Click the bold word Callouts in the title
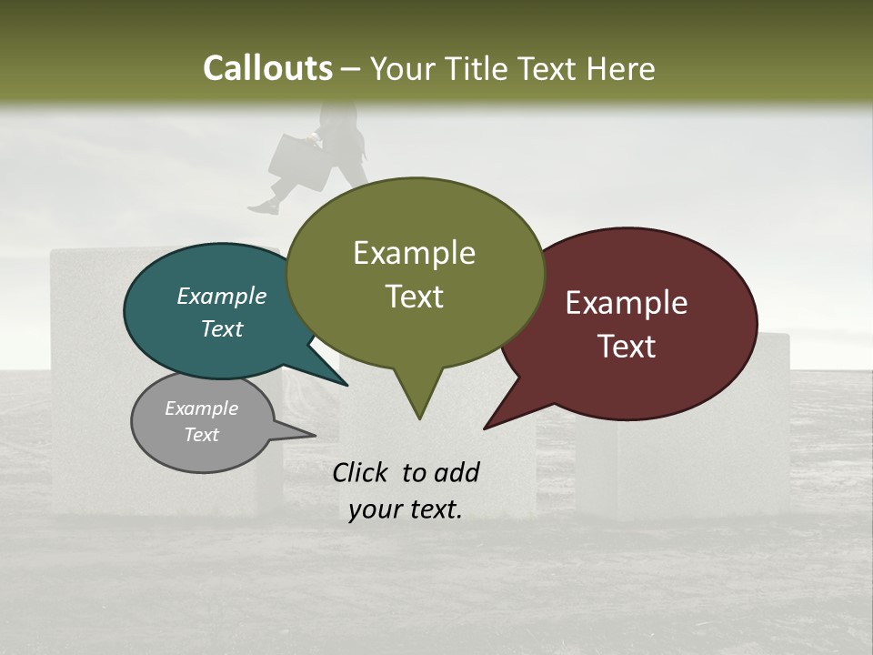(x=267, y=68)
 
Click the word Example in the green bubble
(x=414, y=253)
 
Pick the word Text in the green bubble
(x=414, y=297)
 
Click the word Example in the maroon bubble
(x=627, y=303)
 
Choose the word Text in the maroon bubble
(x=627, y=347)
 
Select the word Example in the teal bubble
(x=222, y=297)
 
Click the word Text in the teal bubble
(x=222, y=329)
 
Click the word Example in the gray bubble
(x=201, y=408)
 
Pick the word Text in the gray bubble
(x=201, y=435)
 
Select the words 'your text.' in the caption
(x=405, y=509)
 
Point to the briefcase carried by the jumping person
(x=296, y=161)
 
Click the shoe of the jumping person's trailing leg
(x=263, y=207)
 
